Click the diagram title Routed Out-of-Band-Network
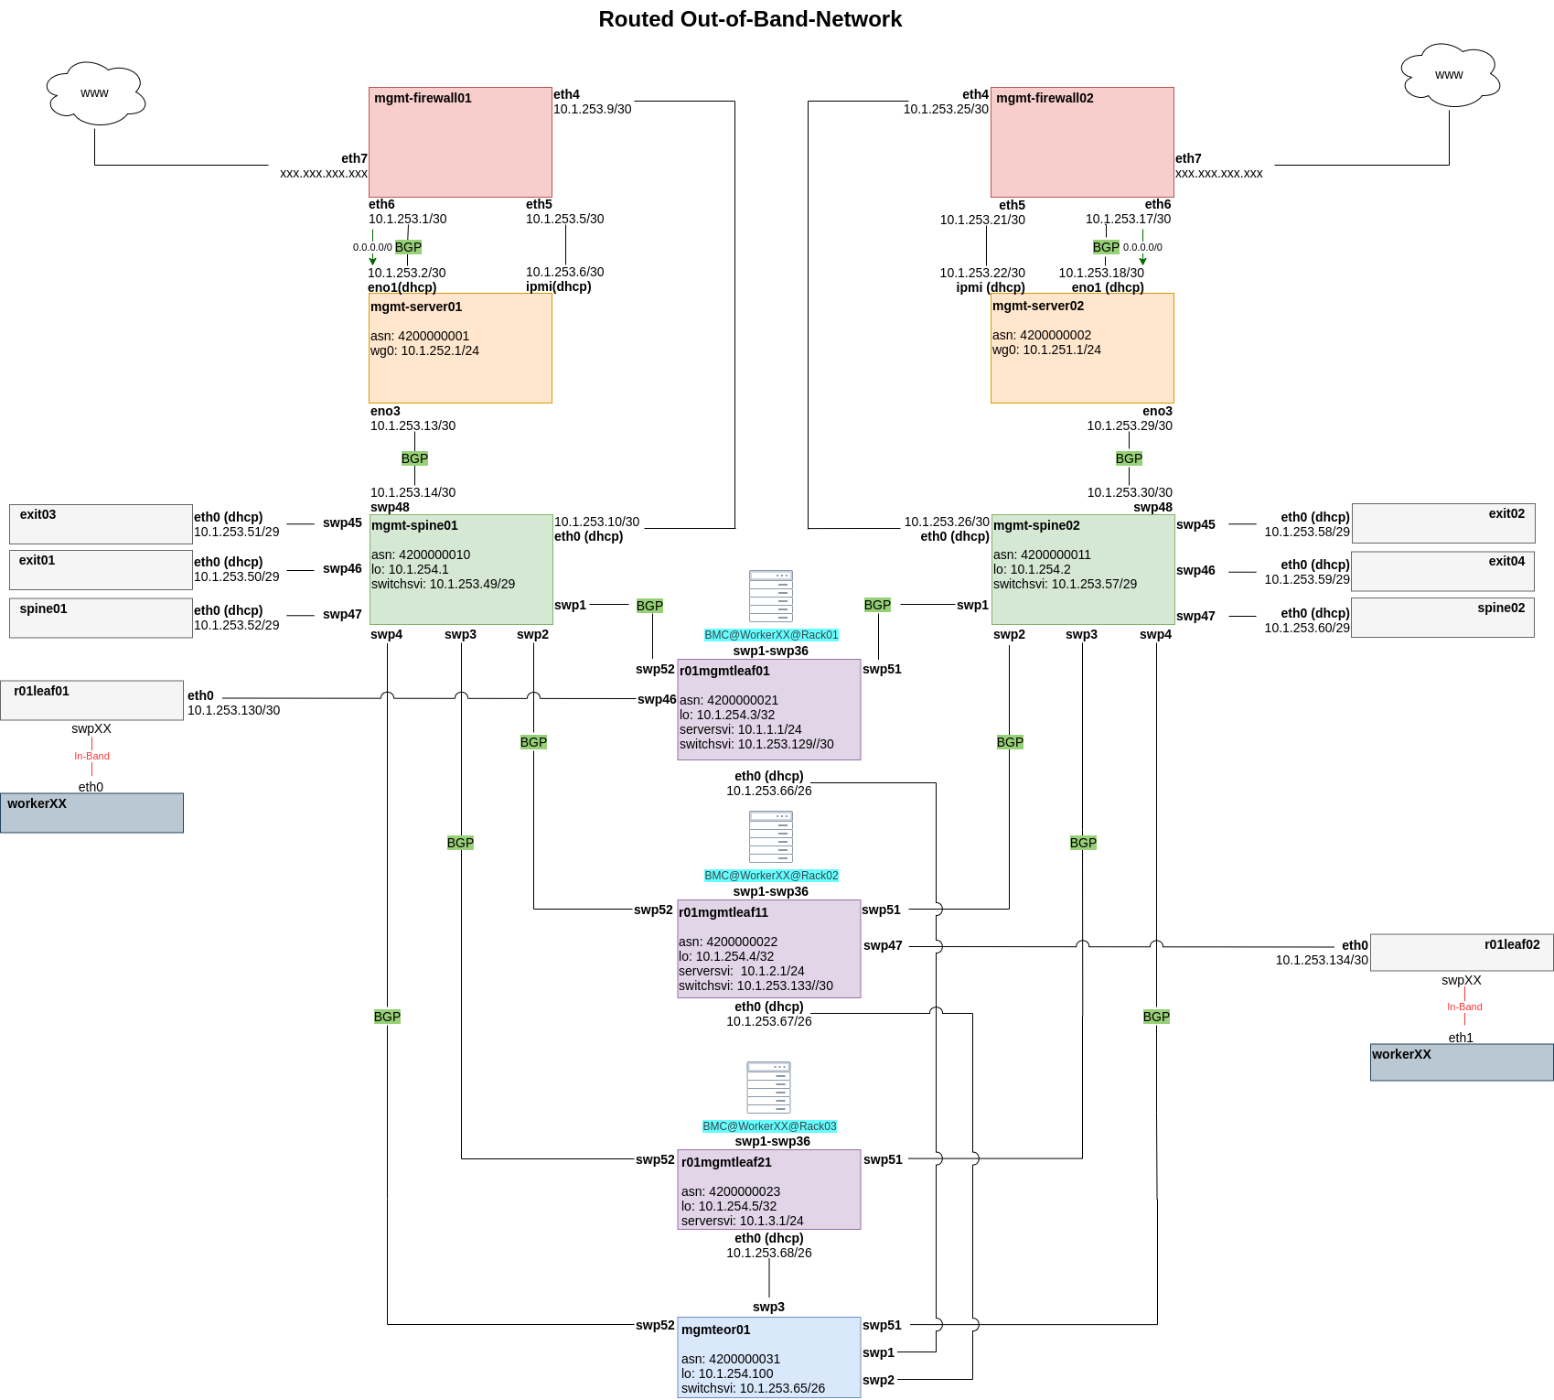pos(750,19)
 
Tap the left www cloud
pos(95,93)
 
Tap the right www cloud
pos(1450,75)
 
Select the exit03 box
pos(101,524)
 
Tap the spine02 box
pos(1442,618)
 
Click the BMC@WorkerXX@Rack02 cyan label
pos(771,876)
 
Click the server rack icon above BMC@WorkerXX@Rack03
pos(768,1087)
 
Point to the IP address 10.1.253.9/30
pos(592,109)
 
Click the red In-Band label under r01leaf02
pos(1464,1007)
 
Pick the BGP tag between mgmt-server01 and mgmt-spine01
pos(414,458)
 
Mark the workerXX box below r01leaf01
pos(91,813)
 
